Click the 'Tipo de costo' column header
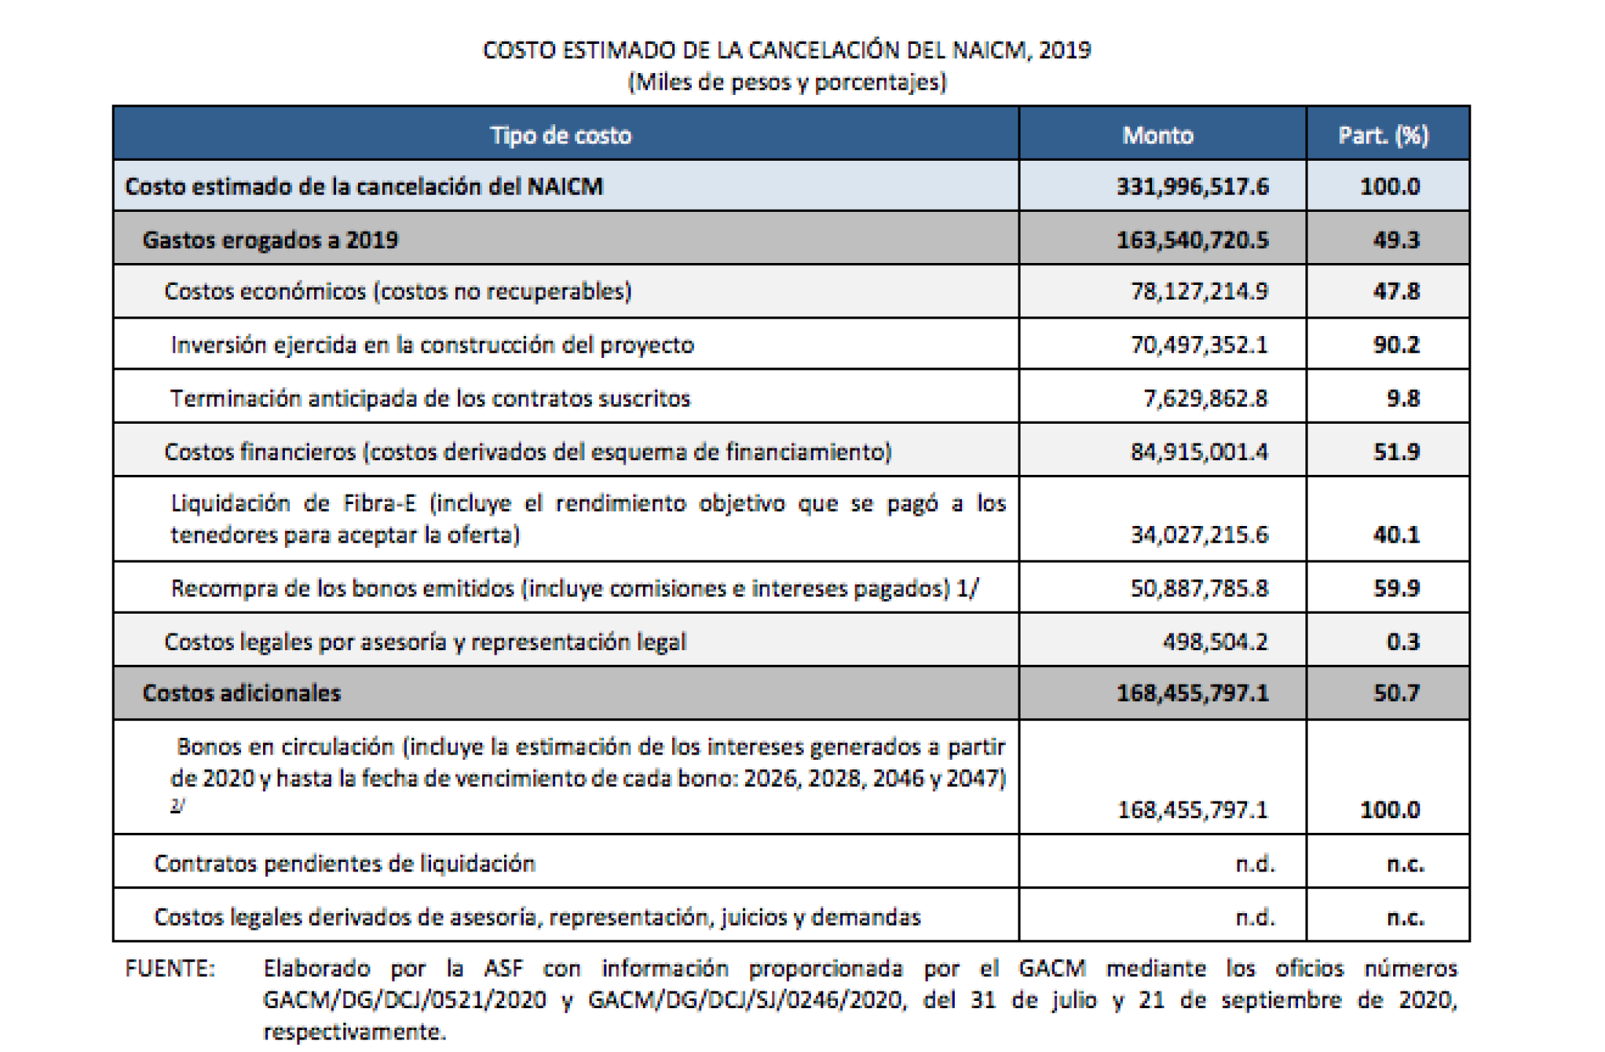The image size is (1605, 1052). pos(560,135)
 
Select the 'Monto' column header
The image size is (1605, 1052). pos(1158,135)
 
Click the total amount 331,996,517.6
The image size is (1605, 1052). pos(1192,186)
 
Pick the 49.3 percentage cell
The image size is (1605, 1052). pos(1395,240)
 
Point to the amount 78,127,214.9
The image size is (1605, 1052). pos(1200,291)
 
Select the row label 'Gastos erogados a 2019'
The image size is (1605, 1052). pos(270,240)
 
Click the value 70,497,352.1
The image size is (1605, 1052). pos(1200,345)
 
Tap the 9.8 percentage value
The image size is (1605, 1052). pos(1403,398)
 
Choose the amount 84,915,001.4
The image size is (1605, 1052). pos(1200,452)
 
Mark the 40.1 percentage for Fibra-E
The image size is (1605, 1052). pos(1395,535)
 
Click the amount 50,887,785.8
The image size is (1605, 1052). pos(1200,588)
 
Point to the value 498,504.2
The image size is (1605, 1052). pos(1215,641)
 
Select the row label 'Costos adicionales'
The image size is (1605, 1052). pos(242,693)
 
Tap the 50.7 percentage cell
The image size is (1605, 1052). pos(1395,693)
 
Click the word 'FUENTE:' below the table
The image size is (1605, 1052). pos(170,969)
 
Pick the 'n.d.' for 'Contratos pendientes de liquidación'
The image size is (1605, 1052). pos(1254,864)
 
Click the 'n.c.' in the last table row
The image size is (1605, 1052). pos(1406,917)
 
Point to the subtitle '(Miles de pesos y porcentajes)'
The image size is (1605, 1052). pos(787,82)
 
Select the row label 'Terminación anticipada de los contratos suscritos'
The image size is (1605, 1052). pos(430,398)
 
